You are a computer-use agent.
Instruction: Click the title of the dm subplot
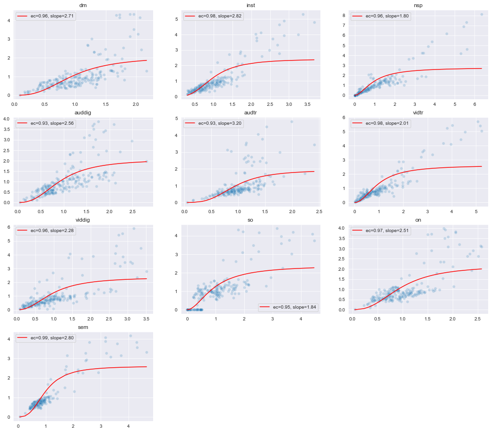tap(83, 6)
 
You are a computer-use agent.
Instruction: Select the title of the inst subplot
tap(250, 6)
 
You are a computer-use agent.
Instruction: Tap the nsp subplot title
tap(418, 6)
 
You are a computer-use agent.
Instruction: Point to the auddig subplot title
tap(83, 113)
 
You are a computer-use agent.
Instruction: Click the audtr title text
tap(250, 113)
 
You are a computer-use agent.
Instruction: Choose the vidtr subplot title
tap(418, 113)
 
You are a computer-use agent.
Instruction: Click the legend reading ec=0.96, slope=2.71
tap(46, 16)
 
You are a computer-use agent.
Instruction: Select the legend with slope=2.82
tap(214, 16)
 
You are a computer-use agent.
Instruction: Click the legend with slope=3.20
tap(214, 123)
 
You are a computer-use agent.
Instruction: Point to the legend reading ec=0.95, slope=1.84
tap(288, 307)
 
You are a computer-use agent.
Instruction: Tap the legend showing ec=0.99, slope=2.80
tap(46, 338)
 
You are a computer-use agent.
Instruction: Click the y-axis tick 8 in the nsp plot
tap(344, 15)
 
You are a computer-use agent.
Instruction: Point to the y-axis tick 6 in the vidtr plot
tap(344, 118)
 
